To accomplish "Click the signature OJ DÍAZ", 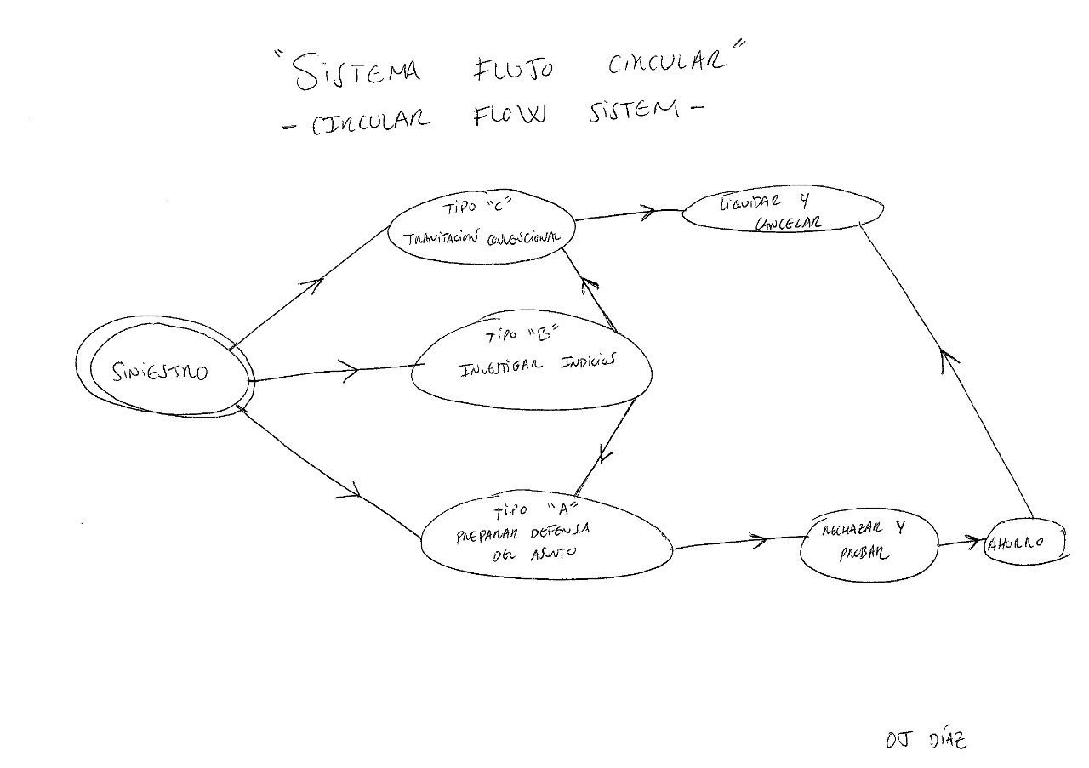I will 926,740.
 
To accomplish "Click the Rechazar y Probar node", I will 868,544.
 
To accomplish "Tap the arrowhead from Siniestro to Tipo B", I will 349,368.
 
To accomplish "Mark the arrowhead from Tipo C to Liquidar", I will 650,210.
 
